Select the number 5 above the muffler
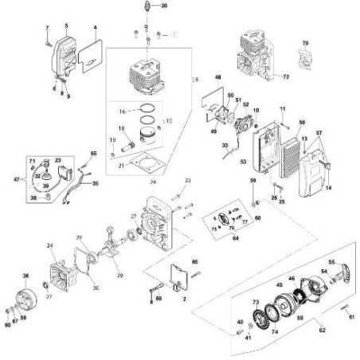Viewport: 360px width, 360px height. [x=67, y=26]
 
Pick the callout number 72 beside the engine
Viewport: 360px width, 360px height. [x=287, y=76]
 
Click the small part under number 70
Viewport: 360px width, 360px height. [x=303, y=56]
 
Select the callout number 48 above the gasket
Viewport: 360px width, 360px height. [x=217, y=77]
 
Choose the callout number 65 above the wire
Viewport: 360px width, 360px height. [x=93, y=153]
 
